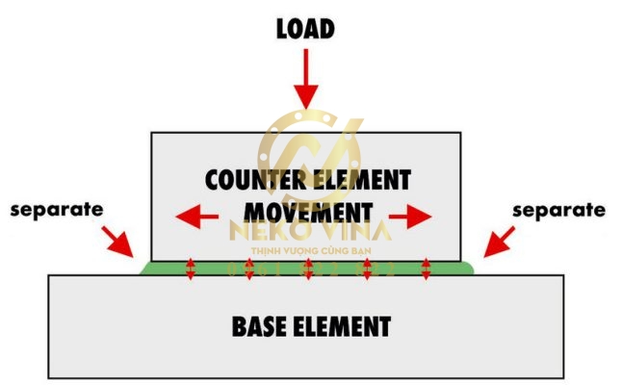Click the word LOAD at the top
pyautogui.click(x=306, y=29)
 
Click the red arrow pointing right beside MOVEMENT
pyautogui.click(x=411, y=217)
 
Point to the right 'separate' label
pyautogui.click(x=558, y=209)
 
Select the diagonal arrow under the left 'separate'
pyautogui.click(x=120, y=241)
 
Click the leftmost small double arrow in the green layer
pyautogui.click(x=190, y=269)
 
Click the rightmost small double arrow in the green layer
pyautogui.click(x=427, y=269)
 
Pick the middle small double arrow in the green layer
pyautogui.click(x=308, y=269)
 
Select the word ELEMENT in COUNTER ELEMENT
pyautogui.click(x=362, y=180)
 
